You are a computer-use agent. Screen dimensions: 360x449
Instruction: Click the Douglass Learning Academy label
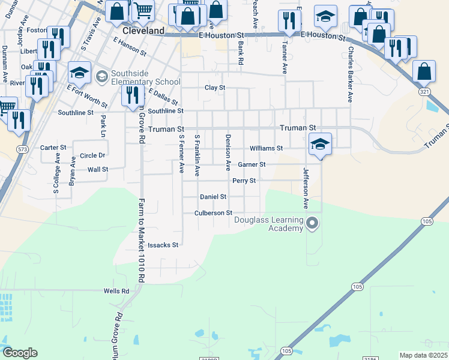[268, 224]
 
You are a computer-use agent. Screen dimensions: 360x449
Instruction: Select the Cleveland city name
[143, 30]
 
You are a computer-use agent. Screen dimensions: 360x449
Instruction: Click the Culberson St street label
[213, 213]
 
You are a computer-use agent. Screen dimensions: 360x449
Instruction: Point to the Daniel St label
[213, 197]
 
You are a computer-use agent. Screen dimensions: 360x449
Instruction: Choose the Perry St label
[244, 181]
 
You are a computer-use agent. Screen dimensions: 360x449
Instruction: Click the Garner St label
[252, 164]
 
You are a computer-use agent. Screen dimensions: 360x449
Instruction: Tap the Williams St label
[267, 148]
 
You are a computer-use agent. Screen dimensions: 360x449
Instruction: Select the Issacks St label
[163, 245]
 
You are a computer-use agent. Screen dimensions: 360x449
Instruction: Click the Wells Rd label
[116, 291]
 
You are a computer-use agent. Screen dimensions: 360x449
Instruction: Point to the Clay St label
[215, 88]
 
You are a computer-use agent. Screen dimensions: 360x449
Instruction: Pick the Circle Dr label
[92, 155]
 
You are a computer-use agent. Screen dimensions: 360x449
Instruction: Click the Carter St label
[53, 148]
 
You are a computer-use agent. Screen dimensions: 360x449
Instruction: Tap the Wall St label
[98, 170]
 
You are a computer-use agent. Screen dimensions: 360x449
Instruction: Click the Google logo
[20, 353]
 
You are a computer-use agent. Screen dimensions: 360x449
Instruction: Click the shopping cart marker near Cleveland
[143, 10]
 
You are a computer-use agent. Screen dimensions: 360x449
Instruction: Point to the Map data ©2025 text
[423, 355]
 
